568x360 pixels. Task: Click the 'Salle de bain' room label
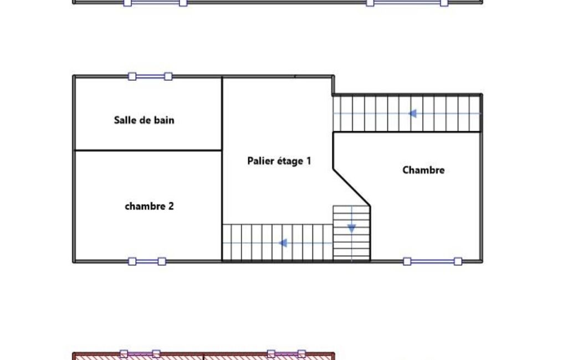coord(144,120)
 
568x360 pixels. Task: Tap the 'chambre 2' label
coord(149,206)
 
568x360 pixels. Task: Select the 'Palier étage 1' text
coord(279,161)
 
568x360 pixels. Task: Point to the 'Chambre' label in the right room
coord(423,170)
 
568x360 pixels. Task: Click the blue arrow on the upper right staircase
coord(412,114)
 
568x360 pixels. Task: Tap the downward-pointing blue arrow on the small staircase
coord(351,229)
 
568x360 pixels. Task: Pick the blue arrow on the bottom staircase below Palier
coord(283,243)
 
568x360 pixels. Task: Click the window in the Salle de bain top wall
coord(150,76)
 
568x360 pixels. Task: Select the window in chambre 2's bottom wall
coord(147,261)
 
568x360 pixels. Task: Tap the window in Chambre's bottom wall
coord(433,261)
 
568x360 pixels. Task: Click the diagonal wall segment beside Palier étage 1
coord(351,187)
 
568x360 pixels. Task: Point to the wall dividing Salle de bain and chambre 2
coord(148,150)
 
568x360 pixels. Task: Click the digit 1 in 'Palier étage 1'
coord(309,161)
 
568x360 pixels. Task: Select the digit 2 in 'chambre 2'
coord(171,206)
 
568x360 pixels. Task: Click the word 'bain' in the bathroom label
coord(165,120)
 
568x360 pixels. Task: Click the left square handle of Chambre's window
coord(407,261)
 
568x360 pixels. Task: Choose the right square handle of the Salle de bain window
coord(168,76)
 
